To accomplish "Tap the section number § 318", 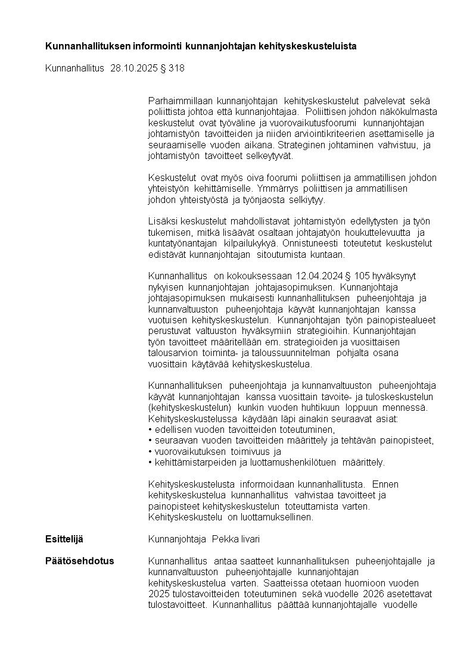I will pyautogui.click(x=173, y=68).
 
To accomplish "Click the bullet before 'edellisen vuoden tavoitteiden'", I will pyautogui.click(x=150, y=430).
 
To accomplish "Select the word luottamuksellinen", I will pyautogui.click(x=281, y=517).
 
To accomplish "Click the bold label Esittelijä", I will pyautogui.click(x=64, y=539).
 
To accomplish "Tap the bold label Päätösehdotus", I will pyautogui.click(x=80, y=561).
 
